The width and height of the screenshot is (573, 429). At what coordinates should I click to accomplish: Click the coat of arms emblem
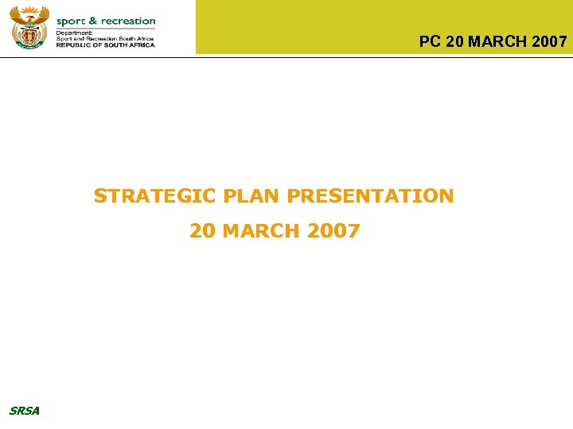[29, 27]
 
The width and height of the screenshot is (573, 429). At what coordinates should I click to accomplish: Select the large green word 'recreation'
[128, 21]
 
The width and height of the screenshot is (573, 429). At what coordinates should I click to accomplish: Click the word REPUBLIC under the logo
[76, 44]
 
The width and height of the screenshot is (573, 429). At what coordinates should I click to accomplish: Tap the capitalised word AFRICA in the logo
[140, 44]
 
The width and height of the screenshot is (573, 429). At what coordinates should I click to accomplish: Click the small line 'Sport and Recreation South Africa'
[105, 38]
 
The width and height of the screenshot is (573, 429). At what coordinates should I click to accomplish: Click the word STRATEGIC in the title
[156, 195]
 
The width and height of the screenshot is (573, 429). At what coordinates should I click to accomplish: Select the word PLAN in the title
[252, 195]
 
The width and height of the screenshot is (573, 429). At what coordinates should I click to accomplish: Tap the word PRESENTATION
[370, 195]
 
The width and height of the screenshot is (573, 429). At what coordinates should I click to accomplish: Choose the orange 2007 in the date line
[333, 231]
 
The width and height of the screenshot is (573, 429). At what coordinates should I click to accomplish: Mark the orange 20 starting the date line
[202, 231]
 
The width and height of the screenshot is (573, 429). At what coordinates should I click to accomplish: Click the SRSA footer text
[24, 411]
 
